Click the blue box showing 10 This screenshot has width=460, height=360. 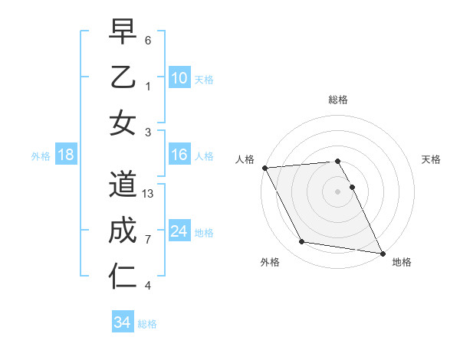[179, 77]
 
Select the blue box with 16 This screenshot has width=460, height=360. [179, 155]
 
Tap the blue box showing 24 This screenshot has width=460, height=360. [179, 231]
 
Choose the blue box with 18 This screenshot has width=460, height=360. [66, 155]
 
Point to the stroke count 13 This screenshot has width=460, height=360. [149, 194]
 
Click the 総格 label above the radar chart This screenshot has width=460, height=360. [338, 100]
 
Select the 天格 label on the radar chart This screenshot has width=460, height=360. [432, 159]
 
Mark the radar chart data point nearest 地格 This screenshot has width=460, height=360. [382, 253]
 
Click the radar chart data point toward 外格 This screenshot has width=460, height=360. [302, 242]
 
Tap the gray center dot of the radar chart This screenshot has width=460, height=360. [338, 191]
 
